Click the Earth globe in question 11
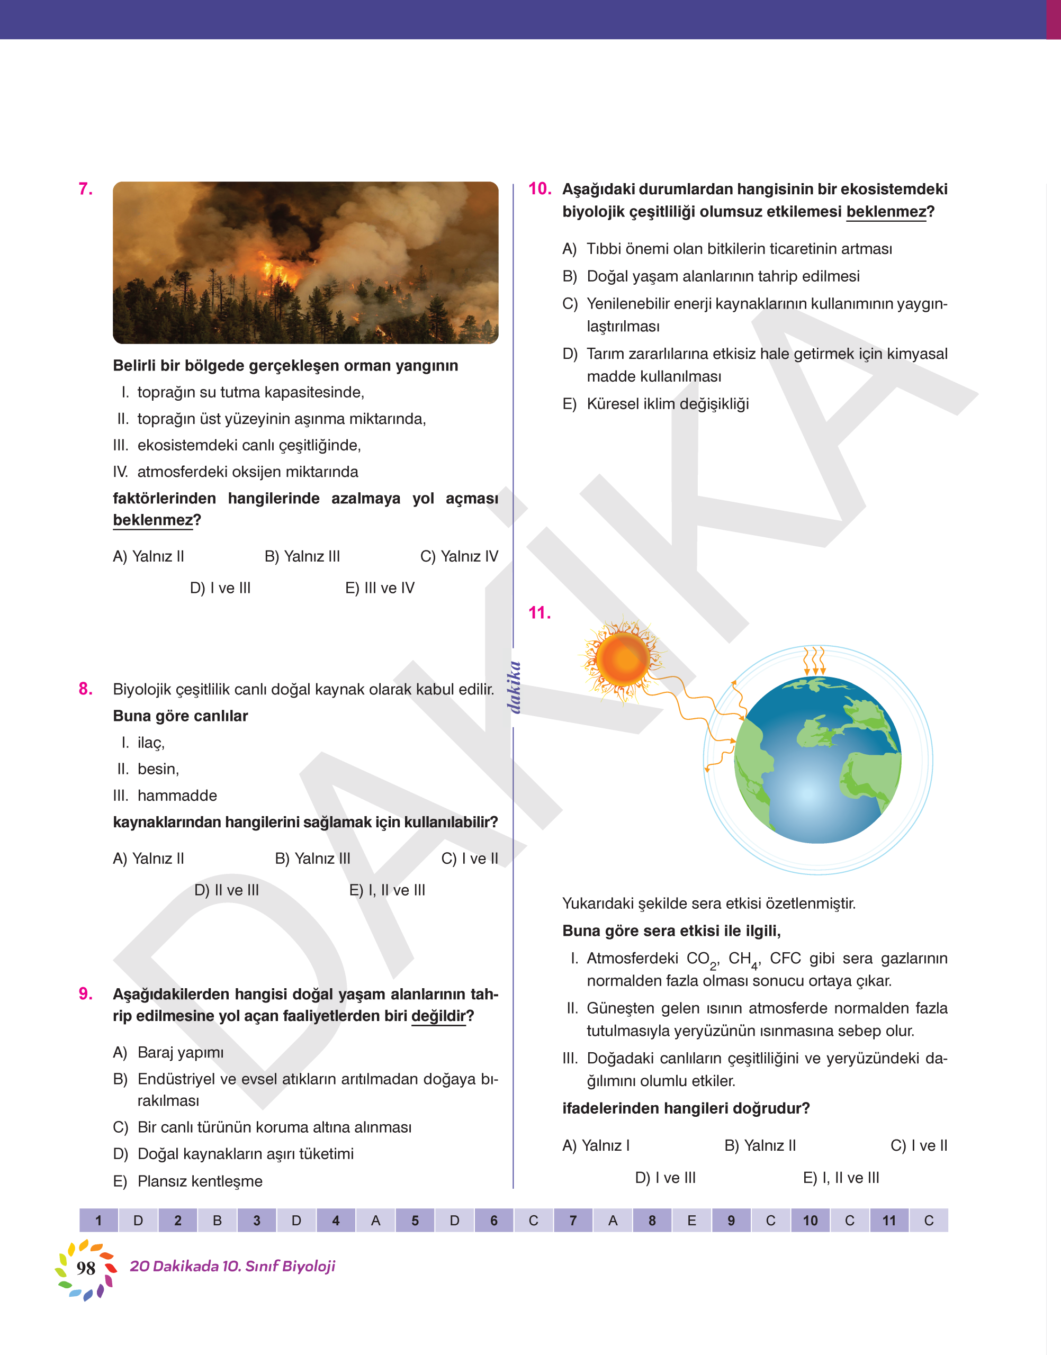(x=817, y=760)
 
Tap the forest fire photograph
(x=305, y=263)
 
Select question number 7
(x=86, y=189)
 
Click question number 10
(x=539, y=189)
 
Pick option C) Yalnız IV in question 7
(x=458, y=556)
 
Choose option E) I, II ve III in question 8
(x=387, y=890)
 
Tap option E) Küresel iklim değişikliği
(x=655, y=404)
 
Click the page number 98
(x=86, y=1268)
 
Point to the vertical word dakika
(x=514, y=688)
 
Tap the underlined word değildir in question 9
(x=438, y=1016)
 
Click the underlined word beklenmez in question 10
(x=885, y=212)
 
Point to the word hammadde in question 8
(x=177, y=796)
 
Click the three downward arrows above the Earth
(x=814, y=661)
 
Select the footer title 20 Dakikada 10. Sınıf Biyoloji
(x=232, y=1266)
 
